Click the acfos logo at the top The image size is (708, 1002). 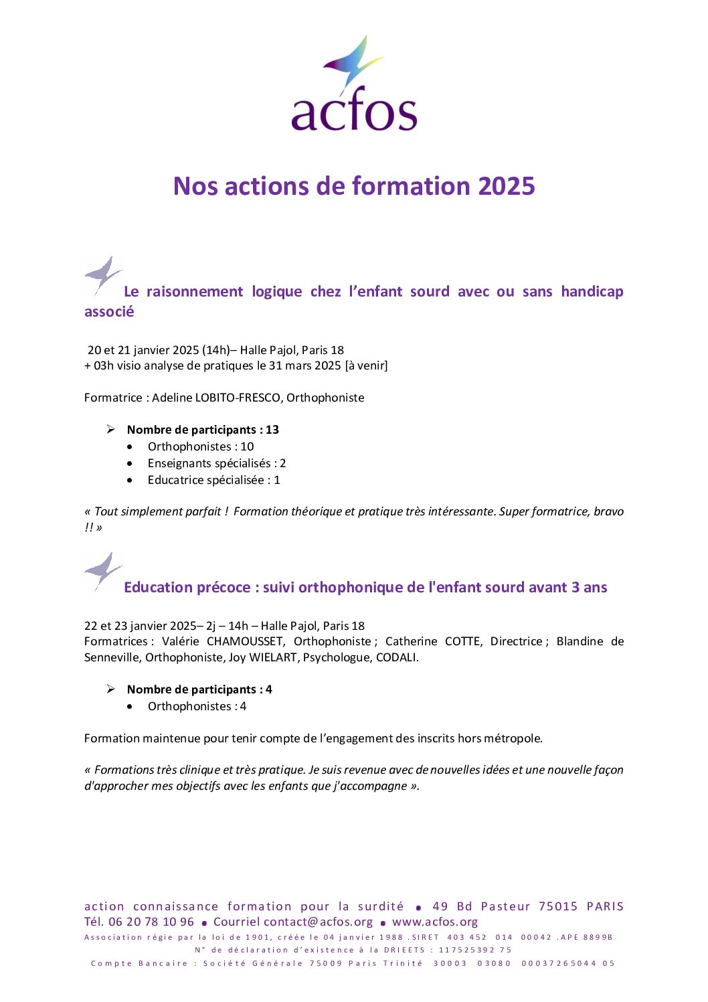(x=354, y=84)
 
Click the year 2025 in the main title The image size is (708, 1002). (x=507, y=186)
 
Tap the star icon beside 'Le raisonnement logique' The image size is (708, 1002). (x=102, y=276)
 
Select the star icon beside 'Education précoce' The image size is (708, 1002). (x=102, y=572)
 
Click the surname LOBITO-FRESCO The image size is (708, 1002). (x=238, y=398)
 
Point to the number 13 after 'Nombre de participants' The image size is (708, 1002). (x=272, y=430)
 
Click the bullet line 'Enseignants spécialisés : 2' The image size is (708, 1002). (x=216, y=463)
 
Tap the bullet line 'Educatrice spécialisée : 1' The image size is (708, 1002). (x=213, y=480)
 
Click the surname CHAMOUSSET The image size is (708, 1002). (x=244, y=641)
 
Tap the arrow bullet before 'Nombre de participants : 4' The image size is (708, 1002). (x=111, y=689)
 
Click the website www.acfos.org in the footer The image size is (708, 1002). (x=435, y=922)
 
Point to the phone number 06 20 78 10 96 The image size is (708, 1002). (x=151, y=922)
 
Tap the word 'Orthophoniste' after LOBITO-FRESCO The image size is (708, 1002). (x=325, y=398)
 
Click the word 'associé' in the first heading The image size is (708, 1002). (x=109, y=312)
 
